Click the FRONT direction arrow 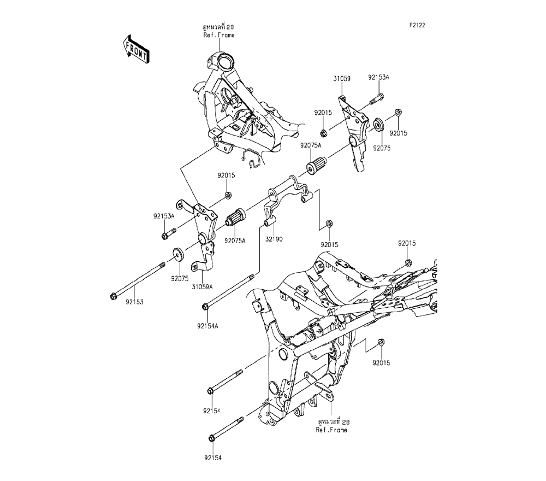136,49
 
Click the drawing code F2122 417,26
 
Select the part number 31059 342,79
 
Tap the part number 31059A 202,287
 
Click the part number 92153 135,302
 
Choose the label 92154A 207,326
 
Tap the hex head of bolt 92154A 205,307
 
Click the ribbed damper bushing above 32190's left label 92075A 234,217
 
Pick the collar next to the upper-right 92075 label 378,125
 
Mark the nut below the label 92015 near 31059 323,133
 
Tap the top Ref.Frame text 219,35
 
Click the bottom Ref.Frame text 331,430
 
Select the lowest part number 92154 213,458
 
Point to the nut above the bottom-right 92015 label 381,342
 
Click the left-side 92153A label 164,216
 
